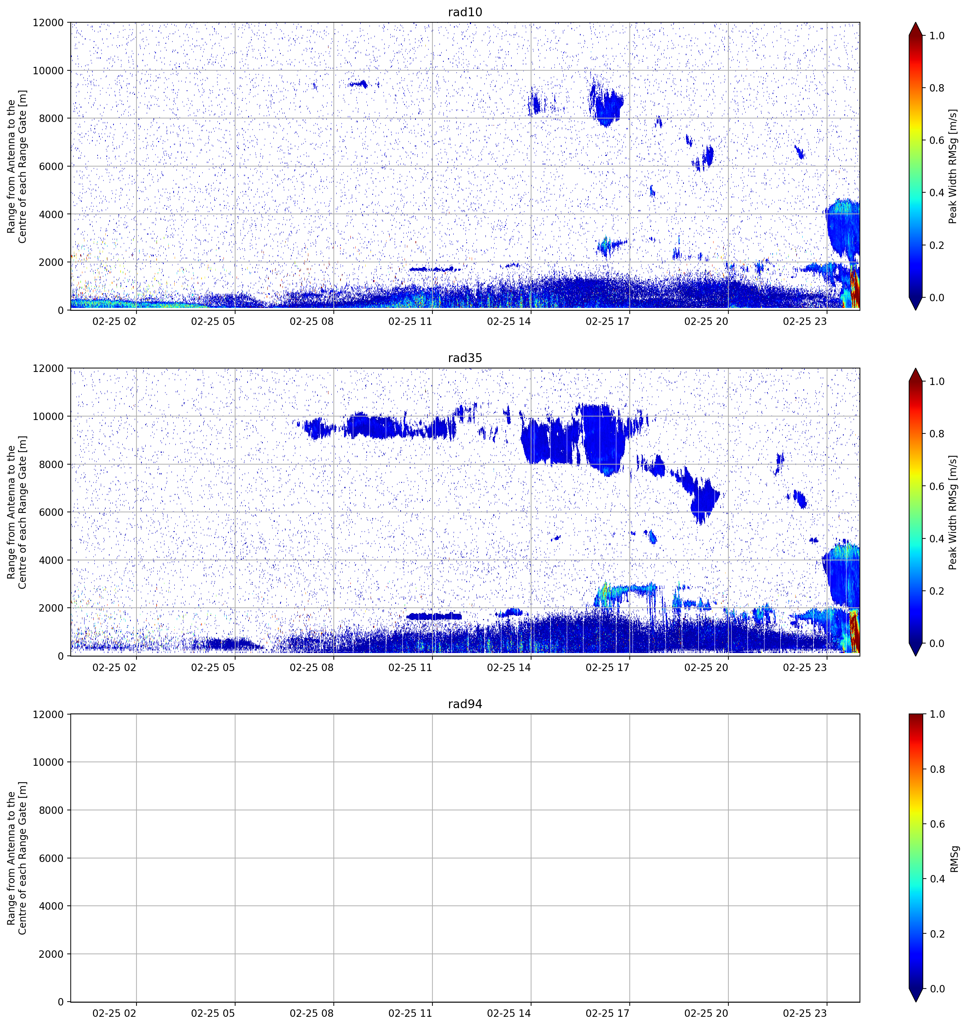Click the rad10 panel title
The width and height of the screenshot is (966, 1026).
[465, 12]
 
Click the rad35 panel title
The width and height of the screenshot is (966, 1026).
[465, 358]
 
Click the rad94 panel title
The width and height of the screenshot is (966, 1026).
[465, 704]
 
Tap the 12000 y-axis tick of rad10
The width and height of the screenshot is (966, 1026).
[48, 23]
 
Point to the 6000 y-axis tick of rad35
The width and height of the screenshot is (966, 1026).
[52, 512]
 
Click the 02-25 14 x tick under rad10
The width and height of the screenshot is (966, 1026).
[509, 321]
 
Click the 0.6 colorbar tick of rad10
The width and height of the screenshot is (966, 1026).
[937, 140]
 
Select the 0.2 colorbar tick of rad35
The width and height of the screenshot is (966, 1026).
[937, 591]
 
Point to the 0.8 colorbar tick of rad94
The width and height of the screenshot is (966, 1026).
[937, 769]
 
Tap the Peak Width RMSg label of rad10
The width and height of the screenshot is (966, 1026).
[953, 166]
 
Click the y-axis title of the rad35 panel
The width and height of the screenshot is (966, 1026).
[17, 512]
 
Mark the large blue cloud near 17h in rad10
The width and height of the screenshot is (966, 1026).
[606, 105]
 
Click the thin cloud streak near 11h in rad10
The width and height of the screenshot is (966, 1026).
[435, 269]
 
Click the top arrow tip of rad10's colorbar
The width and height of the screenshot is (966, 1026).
[915, 22]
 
